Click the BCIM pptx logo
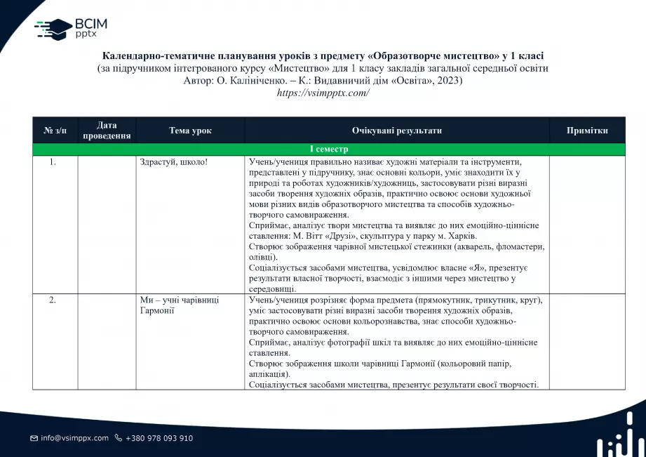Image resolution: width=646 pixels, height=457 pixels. [x=71, y=29]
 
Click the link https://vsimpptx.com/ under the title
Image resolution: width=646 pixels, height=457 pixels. [x=323, y=93]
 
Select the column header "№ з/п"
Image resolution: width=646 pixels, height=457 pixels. [x=55, y=131]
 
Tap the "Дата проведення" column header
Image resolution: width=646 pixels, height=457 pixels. [x=107, y=131]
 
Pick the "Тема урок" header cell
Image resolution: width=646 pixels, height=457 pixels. [x=190, y=131]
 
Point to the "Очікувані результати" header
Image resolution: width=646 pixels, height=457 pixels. [x=396, y=131]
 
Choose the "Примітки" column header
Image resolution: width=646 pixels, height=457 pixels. [x=586, y=131]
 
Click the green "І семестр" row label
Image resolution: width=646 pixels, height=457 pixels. [x=328, y=150]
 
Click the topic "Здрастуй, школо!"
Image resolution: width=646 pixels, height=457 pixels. [x=173, y=162]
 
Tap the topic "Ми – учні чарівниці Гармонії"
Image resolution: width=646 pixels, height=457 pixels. [x=180, y=305]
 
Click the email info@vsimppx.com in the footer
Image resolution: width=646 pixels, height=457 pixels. [x=74, y=438]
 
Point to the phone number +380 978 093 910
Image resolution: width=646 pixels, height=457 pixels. [x=159, y=438]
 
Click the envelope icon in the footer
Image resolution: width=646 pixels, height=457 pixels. [x=34, y=438]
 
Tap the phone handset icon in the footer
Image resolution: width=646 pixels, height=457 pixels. [x=119, y=438]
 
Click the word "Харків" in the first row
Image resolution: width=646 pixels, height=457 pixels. [x=443, y=236]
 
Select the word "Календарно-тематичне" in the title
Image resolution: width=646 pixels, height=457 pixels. [x=154, y=55]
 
